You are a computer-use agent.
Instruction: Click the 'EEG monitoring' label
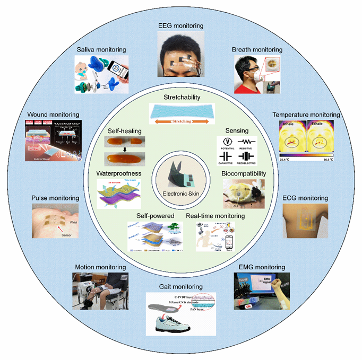[181, 25]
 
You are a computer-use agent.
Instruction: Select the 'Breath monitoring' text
[257, 49]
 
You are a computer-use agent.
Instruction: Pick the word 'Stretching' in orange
[181, 121]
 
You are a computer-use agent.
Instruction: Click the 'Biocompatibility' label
[243, 173]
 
